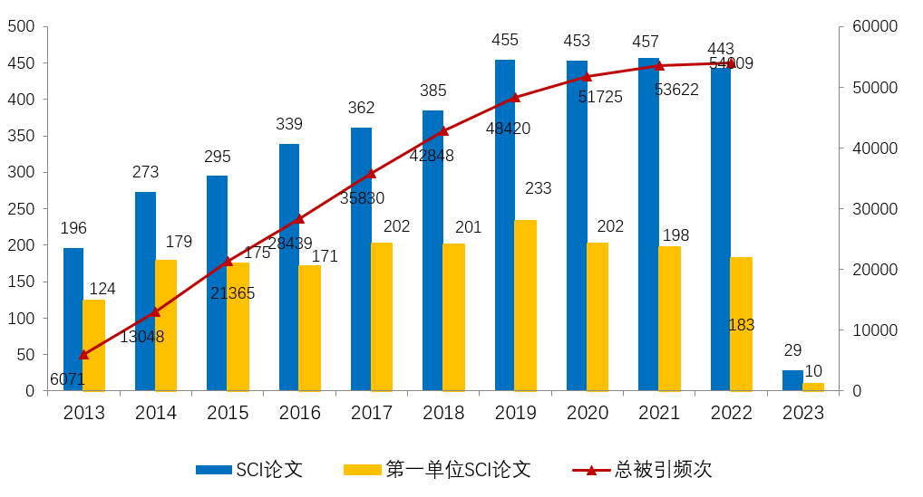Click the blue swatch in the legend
214,470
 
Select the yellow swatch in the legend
362,470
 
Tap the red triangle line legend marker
591,470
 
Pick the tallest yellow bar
525,305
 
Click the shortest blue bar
792,380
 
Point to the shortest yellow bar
813,387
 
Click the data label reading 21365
231,293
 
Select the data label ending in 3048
147,337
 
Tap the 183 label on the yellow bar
741,325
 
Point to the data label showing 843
289,244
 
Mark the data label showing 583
362,198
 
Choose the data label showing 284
432,156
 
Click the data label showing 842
506,129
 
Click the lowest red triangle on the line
83,355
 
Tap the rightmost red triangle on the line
731,63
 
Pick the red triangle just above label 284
443,130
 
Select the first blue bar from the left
73,319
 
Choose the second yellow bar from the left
166,325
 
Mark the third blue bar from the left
217,282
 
